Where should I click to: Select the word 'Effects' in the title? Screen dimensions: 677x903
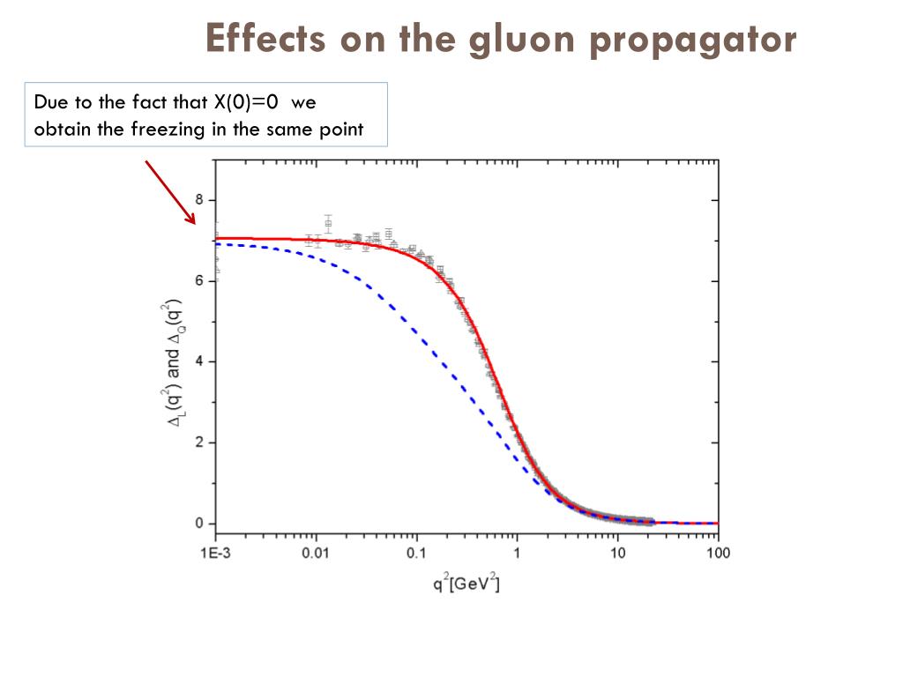(264, 39)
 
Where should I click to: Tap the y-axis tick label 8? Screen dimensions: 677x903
(199, 200)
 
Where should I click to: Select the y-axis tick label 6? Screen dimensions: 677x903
(199, 281)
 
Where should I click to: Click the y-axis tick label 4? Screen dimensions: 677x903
(199, 361)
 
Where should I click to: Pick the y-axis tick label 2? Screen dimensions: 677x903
(199, 443)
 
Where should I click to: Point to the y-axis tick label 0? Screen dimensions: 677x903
(199, 524)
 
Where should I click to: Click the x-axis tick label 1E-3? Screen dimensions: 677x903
(215, 554)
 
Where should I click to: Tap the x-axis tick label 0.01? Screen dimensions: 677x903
(316, 554)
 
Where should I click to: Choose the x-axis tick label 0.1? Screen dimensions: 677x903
(416, 554)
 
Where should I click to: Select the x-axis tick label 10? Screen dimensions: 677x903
(617, 554)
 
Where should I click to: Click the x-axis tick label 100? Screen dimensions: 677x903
(718, 554)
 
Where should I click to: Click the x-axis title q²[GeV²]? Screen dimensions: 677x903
(466, 583)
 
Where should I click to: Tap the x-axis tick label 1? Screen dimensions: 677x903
(517, 554)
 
